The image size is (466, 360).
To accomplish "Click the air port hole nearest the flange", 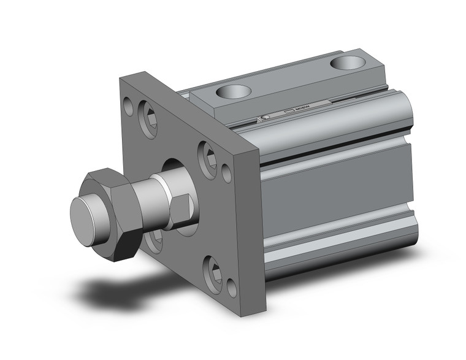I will pos(234,92).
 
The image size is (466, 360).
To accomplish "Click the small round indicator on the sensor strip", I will pos(266,117).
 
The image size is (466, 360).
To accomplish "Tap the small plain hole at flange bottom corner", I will pos(232,286).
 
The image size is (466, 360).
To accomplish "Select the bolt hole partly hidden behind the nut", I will pos(152,240).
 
